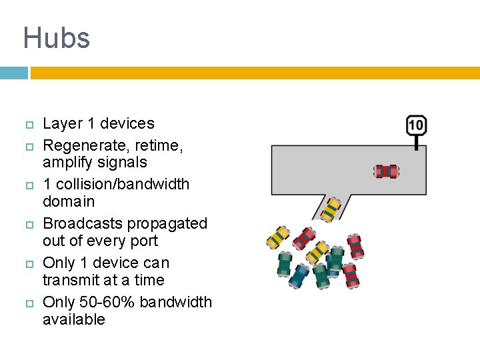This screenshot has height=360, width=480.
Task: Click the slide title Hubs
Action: (57, 38)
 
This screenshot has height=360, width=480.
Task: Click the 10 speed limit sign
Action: (416, 125)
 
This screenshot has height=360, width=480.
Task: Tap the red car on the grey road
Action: (386, 171)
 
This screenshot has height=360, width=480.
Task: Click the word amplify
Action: (66, 163)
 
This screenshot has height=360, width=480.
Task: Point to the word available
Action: (73, 319)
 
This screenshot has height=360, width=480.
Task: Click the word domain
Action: (69, 201)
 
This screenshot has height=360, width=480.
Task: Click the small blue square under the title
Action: (13, 73)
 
